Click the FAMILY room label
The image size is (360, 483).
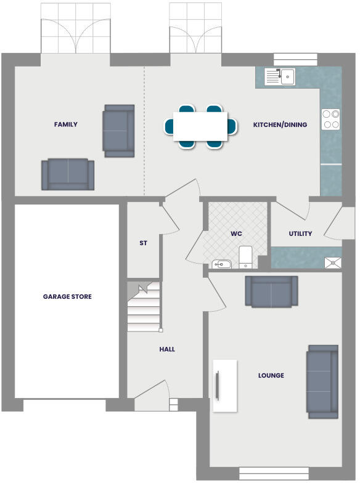point(66,124)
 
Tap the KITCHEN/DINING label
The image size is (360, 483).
point(280,125)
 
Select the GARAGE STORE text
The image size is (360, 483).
point(67,297)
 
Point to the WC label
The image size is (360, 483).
point(237,234)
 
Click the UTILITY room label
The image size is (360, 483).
point(300,234)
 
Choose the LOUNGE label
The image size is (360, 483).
point(271,375)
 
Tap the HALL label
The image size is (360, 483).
point(167,349)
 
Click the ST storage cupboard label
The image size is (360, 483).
point(143,243)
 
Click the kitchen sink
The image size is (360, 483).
point(280,76)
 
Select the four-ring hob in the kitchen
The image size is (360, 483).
point(330,119)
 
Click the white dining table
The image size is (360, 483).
point(200,126)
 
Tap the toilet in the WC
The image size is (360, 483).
point(245,257)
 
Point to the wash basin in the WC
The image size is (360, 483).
point(221,264)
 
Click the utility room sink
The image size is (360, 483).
point(333,262)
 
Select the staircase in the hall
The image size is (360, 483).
point(144,307)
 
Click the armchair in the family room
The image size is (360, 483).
point(118,130)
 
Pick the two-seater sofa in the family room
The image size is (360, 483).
point(68,174)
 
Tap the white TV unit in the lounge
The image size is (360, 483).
point(225,386)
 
